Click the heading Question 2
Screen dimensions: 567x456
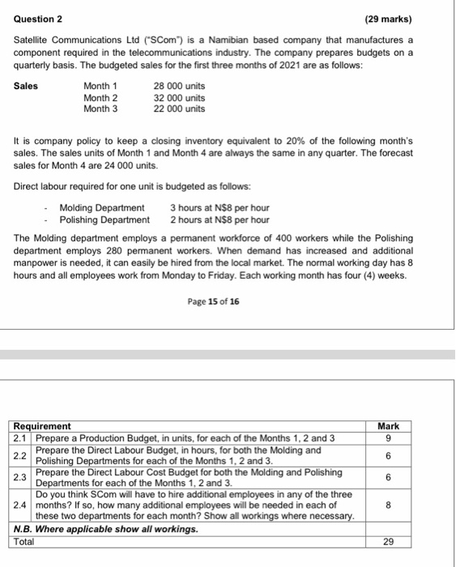tap(38, 19)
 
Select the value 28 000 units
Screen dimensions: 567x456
tap(179, 87)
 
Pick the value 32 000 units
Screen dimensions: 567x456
tap(179, 98)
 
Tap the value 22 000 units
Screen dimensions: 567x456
tap(179, 109)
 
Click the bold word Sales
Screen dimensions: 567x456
tap(25, 87)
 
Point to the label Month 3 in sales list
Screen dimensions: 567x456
tap(100, 109)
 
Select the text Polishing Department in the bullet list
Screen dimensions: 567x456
tap(104, 220)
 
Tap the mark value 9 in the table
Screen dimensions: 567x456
tap(389, 438)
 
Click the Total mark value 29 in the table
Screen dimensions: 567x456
tap(389, 542)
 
